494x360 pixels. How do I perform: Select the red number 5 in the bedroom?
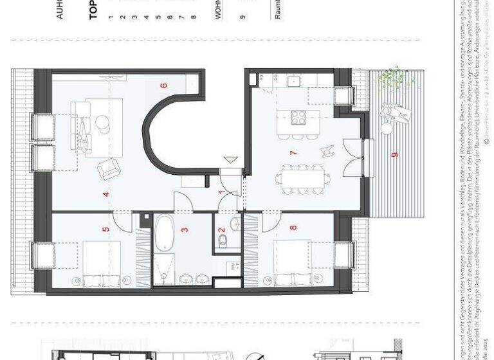coord(106,228)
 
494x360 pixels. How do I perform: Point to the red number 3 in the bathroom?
coord(184,229)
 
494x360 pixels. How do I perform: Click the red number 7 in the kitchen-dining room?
coord(293,153)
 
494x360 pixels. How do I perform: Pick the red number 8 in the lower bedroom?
coord(293,228)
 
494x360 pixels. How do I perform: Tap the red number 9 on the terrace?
coord(394,154)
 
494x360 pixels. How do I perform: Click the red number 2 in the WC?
coord(221,230)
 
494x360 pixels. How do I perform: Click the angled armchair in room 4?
coord(108,168)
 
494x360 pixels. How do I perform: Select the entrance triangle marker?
coord(230,161)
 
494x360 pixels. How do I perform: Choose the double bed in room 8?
coord(293,264)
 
